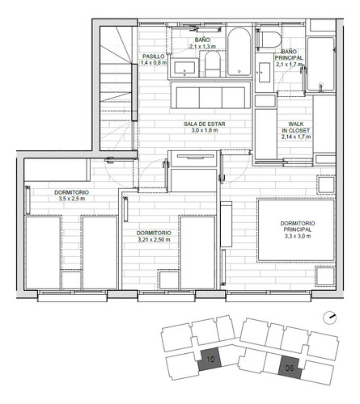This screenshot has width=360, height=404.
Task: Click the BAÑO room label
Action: [201, 40]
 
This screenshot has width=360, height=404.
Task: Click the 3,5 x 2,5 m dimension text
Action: [72, 198]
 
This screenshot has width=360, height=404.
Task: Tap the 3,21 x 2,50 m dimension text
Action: [152, 240]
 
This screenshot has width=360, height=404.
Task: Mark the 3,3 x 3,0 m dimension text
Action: [296, 236]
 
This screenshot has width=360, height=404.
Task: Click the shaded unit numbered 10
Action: [210, 360]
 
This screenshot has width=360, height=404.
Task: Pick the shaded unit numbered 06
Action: [290, 368]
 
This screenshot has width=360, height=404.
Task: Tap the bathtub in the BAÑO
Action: [238, 53]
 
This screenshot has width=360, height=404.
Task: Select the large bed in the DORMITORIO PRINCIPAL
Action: [295, 230]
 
